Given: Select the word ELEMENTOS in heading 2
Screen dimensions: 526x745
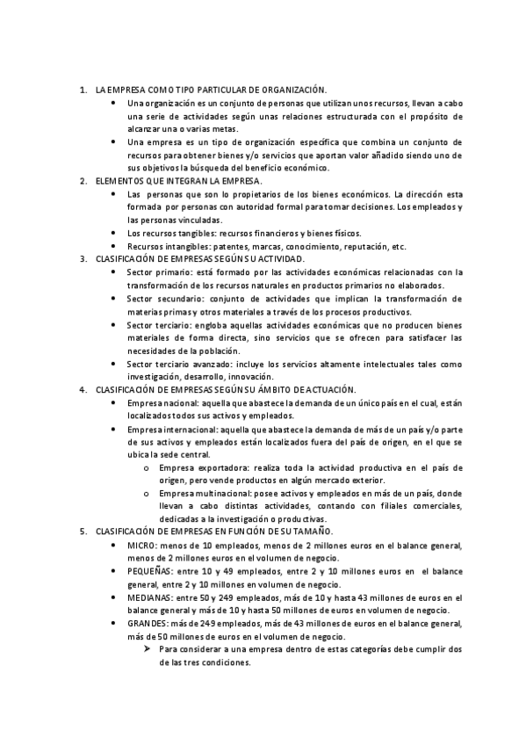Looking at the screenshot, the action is (x=119, y=180).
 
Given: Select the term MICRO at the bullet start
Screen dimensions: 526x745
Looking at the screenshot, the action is (x=142, y=546).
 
